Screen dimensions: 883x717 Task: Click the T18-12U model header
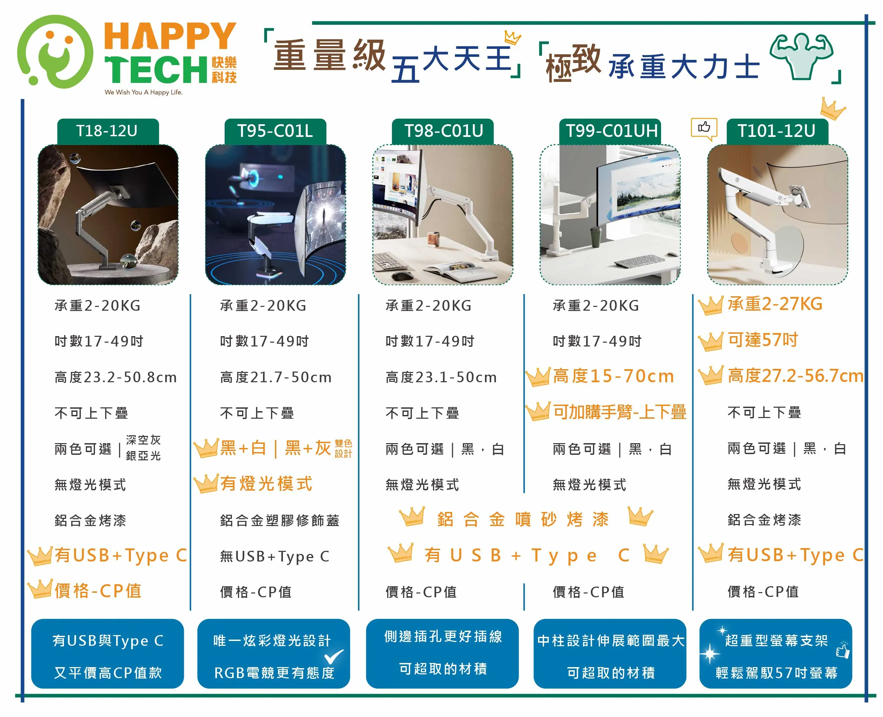[108, 131]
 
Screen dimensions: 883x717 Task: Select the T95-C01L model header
[275, 131]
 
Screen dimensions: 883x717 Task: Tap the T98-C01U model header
[443, 131]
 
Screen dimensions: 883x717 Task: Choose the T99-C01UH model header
[610, 131]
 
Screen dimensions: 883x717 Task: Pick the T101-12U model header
[777, 131]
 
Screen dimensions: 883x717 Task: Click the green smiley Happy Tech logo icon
[55, 52]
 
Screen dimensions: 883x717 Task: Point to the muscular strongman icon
[801, 56]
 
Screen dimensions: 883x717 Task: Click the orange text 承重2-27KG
[775, 304]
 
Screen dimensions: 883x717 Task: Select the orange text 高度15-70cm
[613, 376]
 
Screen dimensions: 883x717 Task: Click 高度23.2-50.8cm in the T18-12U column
[116, 377]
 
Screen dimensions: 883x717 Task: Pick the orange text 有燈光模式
[266, 484]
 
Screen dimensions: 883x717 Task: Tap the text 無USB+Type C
[275, 557]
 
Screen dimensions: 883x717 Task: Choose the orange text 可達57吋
[763, 340]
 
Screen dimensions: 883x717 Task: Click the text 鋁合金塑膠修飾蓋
[280, 521]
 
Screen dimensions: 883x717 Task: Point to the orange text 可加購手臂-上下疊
[619, 412]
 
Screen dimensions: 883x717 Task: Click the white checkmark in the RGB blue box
[334, 656]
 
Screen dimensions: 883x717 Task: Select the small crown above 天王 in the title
[512, 38]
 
